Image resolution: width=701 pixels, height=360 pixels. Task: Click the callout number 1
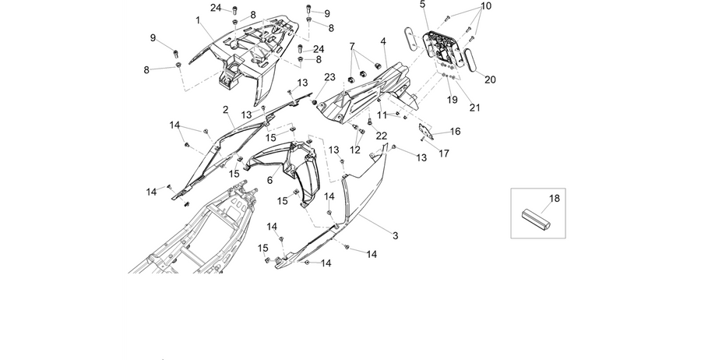198,20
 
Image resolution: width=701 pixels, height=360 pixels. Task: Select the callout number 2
225,110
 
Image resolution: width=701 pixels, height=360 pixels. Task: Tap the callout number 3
395,235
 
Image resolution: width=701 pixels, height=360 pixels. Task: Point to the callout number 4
383,41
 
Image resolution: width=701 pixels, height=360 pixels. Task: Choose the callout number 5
422,5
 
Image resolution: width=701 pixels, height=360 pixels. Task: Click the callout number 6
269,180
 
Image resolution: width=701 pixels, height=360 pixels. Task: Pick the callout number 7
352,47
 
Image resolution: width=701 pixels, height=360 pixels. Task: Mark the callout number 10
485,6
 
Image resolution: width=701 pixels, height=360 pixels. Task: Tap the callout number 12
355,150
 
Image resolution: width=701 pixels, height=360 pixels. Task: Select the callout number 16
455,132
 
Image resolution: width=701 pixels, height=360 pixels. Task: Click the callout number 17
443,154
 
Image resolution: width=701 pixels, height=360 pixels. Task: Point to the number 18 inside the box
555,199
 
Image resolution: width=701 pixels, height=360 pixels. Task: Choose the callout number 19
452,100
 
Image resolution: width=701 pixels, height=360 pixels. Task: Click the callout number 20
490,79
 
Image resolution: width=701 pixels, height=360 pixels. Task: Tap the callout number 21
474,108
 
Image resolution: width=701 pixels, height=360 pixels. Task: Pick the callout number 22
382,136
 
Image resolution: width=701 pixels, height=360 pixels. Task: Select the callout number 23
329,77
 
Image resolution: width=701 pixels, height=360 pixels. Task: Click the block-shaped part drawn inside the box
537,221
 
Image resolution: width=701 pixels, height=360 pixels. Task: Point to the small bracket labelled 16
425,132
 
